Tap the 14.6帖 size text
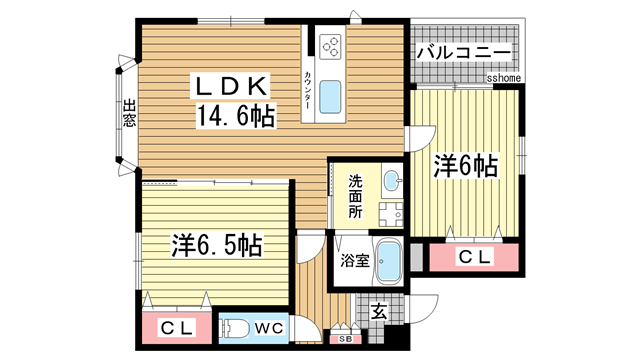pos(236,117)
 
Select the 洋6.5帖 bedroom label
pos(216,245)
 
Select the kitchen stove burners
pos(331,46)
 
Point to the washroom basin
pos(391,181)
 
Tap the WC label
pos(267,327)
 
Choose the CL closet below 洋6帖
pos(473,258)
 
